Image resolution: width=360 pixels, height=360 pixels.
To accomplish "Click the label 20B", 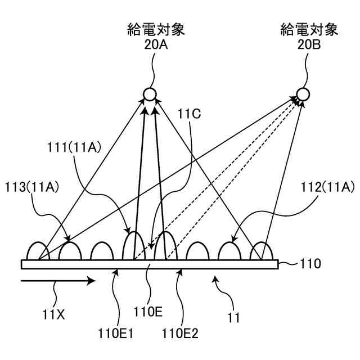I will click(309, 44).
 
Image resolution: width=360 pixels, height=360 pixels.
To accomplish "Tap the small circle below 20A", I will click(150, 94).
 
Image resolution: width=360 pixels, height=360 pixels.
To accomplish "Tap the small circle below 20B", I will click(303, 94).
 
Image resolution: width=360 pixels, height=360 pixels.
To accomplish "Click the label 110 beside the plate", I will click(310, 263).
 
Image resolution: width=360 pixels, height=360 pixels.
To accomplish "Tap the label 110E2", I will click(179, 333).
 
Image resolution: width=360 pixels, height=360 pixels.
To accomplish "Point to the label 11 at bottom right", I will click(234, 318).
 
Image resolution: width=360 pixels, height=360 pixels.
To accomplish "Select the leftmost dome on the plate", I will click(37, 251).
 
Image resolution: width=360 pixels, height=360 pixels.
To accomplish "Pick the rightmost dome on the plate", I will click(261, 251).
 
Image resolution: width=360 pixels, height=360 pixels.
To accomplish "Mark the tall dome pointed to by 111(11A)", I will click(133, 246).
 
